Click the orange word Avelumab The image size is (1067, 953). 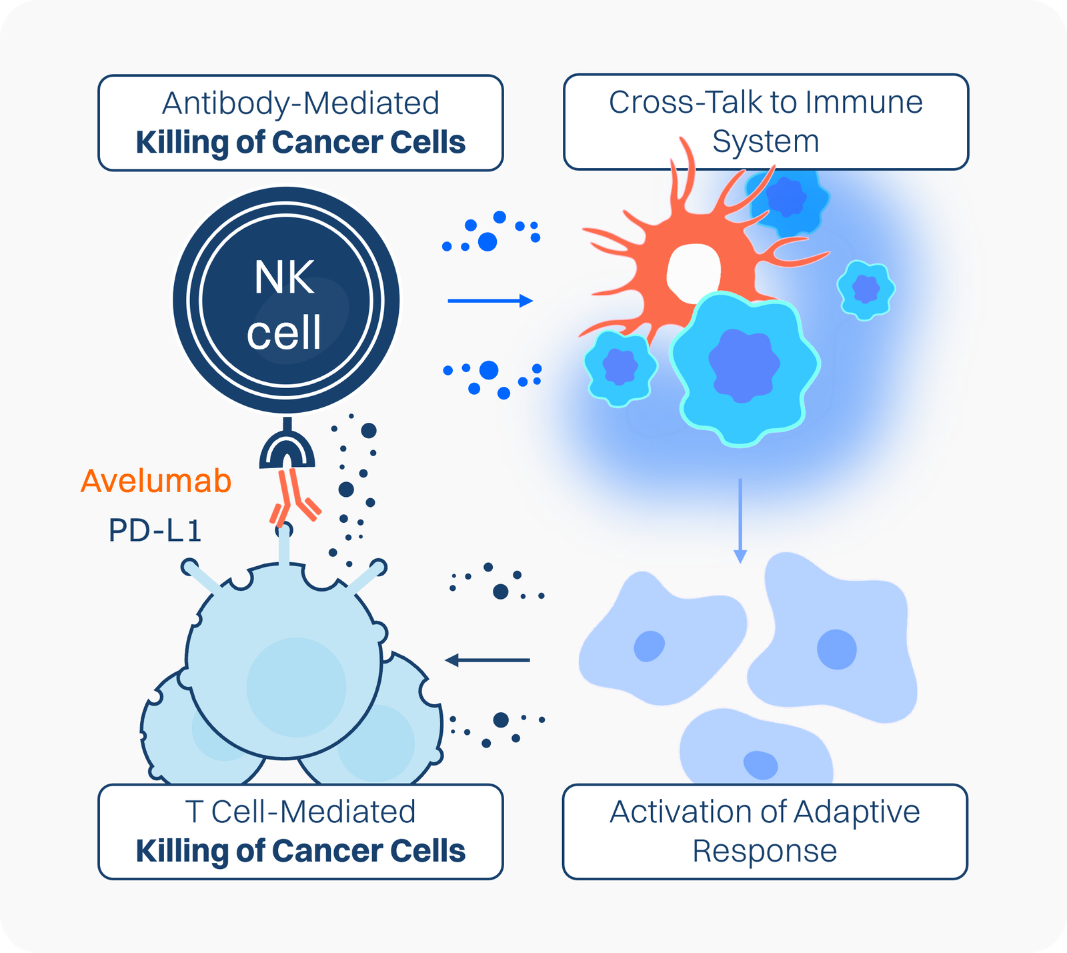pyautogui.click(x=156, y=481)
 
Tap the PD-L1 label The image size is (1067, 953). pyautogui.click(x=155, y=531)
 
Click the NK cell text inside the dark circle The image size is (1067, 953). pyautogui.click(x=285, y=305)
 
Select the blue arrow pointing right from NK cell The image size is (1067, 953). pyautogui.click(x=490, y=301)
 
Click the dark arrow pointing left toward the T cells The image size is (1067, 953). pyautogui.click(x=487, y=660)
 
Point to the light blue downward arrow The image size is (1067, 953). pyautogui.click(x=740, y=521)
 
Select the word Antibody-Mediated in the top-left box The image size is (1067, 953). pyautogui.click(x=301, y=103)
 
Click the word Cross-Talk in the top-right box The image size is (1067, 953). pyautogui.click(x=685, y=102)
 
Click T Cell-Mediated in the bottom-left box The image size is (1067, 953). pyautogui.click(x=300, y=812)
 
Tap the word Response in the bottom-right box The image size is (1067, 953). pyautogui.click(x=764, y=852)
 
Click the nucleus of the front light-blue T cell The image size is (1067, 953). pyautogui.click(x=296, y=687)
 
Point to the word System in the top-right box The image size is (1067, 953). pyautogui.click(x=766, y=142)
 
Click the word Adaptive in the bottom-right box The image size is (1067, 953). pyautogui.click(x=857, y=813)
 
